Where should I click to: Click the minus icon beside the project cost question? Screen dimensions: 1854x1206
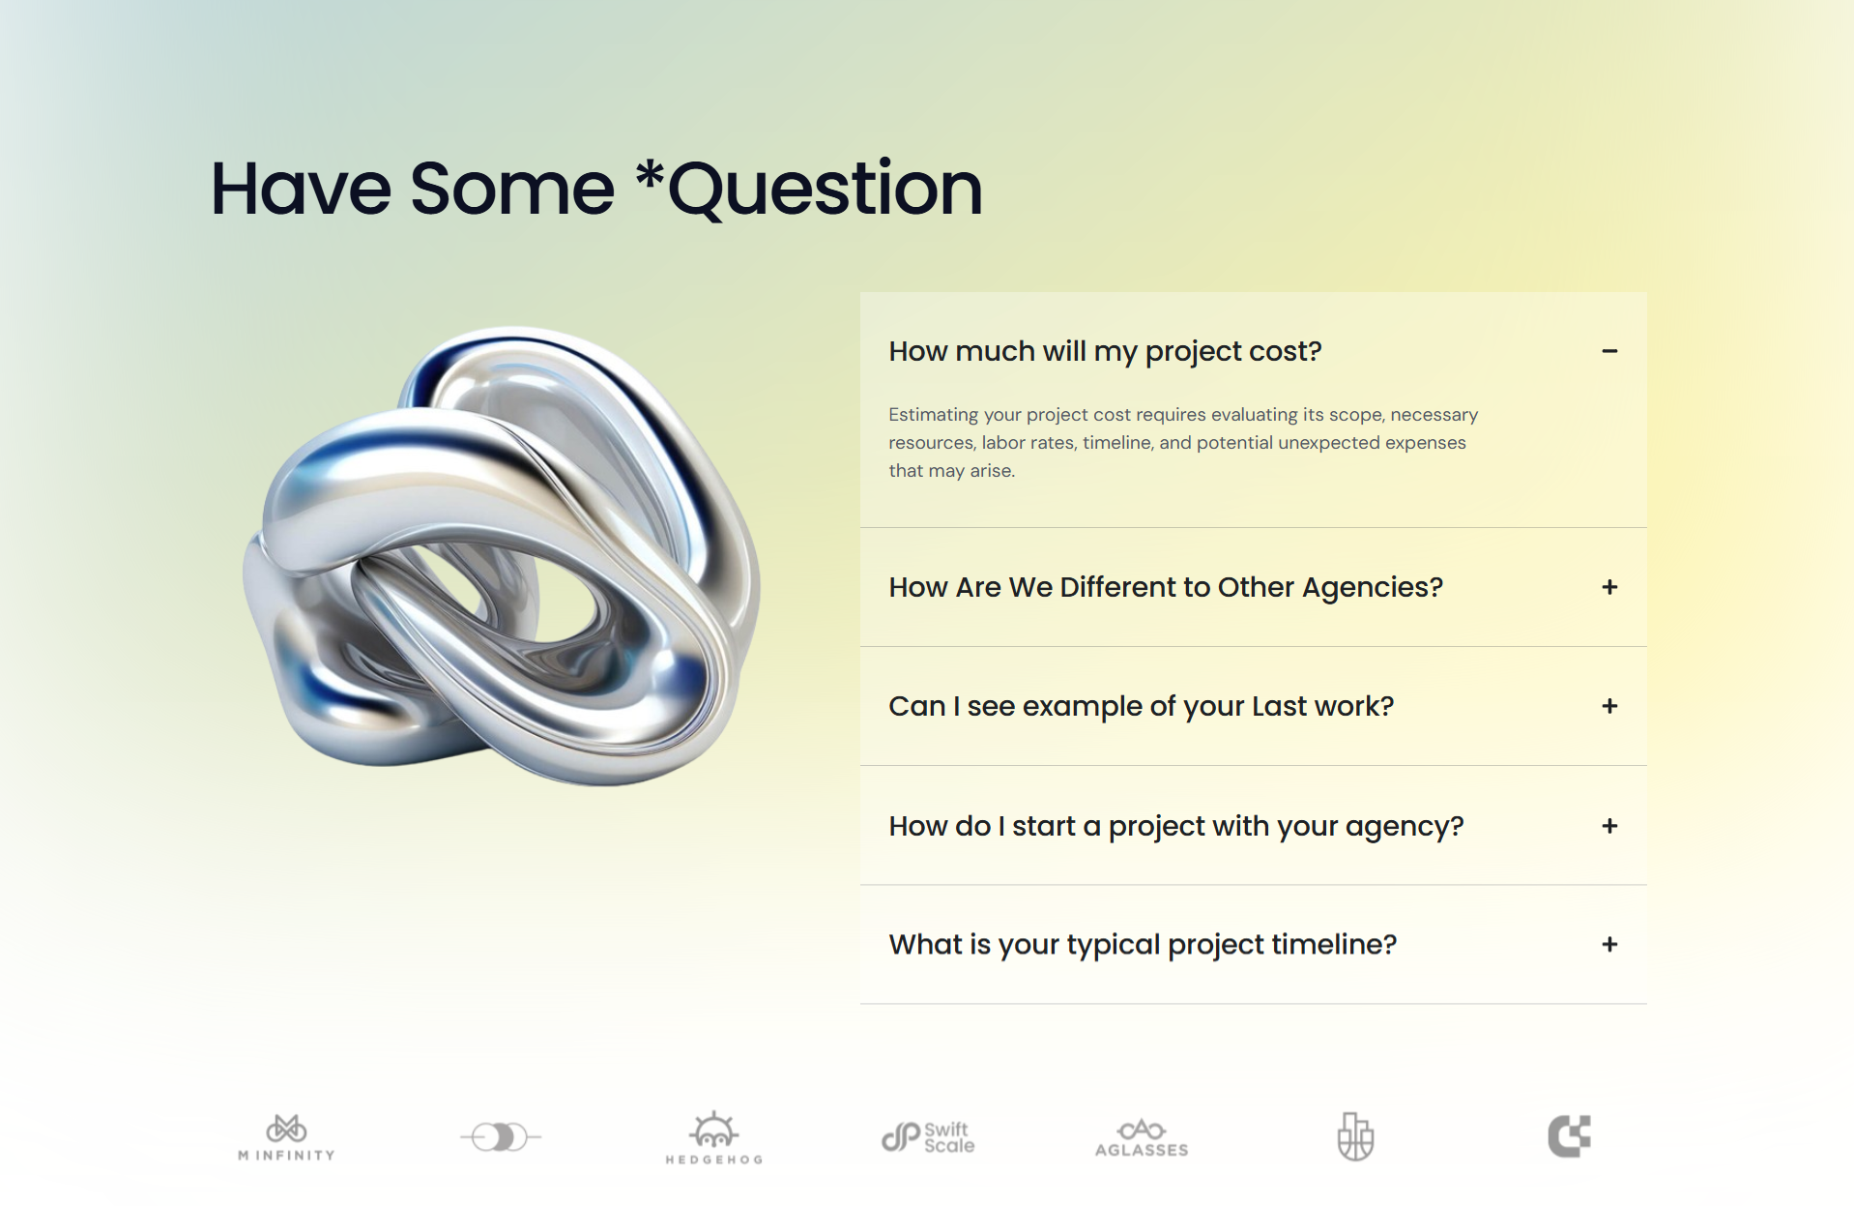(1609, 351)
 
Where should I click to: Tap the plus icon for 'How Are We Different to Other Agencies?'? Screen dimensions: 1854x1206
(1609, 587)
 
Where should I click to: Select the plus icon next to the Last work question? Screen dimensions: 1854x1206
(1609, 706)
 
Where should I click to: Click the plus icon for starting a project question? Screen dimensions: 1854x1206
(1609, 826)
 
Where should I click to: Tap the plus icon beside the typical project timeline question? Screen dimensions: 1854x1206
(1609, 944)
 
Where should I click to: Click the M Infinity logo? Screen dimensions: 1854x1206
(286, 1137)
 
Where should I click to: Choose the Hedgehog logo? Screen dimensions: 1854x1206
(714, 1137)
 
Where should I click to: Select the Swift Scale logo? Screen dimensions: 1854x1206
(928, 1137)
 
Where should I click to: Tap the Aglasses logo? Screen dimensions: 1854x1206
(1142, 1138)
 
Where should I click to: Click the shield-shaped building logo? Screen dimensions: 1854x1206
(1355, 1136)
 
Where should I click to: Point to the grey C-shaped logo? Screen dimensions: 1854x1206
(1569, 1136)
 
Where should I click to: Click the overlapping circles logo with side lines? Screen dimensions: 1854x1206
(501, 1137)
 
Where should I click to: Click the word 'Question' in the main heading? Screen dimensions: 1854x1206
(826, 190)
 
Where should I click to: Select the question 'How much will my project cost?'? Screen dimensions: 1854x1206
(1105, 351)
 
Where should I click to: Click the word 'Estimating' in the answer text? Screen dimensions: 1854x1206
(934, 415)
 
